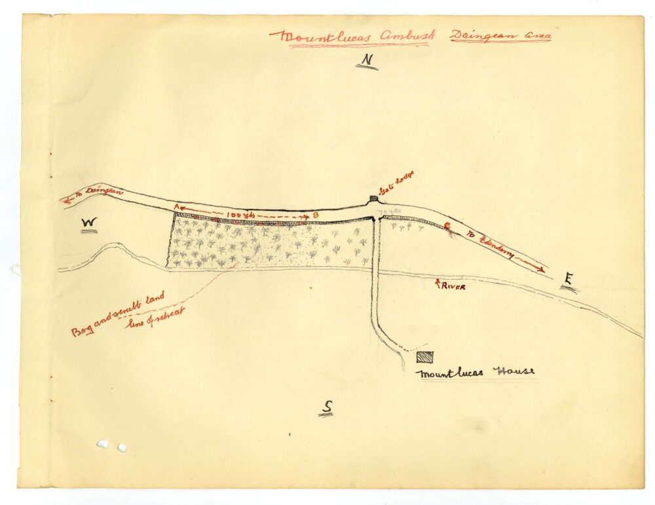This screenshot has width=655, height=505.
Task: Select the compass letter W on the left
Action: coord(89,225)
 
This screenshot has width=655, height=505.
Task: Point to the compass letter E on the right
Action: coord(569,281)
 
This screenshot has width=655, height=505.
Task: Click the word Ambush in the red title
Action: coord(400,37)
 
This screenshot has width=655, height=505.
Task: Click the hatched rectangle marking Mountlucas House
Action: coord(424,357)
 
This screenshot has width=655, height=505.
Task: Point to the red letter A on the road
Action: coord(176,207)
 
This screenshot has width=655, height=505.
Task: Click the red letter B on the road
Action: coord(315,215)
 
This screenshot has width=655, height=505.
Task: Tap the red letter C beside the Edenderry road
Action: coord(448,227)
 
